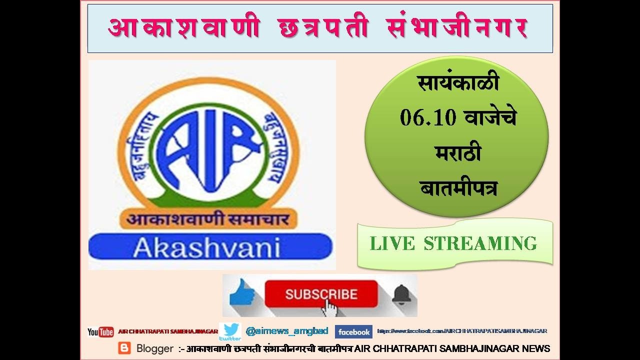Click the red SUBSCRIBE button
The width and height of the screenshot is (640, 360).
pos(321,294)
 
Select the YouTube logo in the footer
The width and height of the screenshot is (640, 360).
pos(100,332)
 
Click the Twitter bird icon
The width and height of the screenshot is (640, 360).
pos(231,331)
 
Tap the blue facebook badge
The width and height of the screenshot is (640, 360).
pos(353,332)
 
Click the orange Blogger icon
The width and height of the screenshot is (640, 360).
pos(124,348)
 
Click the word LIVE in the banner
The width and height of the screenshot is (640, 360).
pos(392,244)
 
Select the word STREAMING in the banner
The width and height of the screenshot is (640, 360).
pos(480,244)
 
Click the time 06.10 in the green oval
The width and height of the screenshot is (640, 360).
pos(428,118)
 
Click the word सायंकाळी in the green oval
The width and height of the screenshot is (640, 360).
pos(458,83)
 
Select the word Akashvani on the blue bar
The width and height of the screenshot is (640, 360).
pos(206,247)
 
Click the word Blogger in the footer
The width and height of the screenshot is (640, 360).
pos(155,348)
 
